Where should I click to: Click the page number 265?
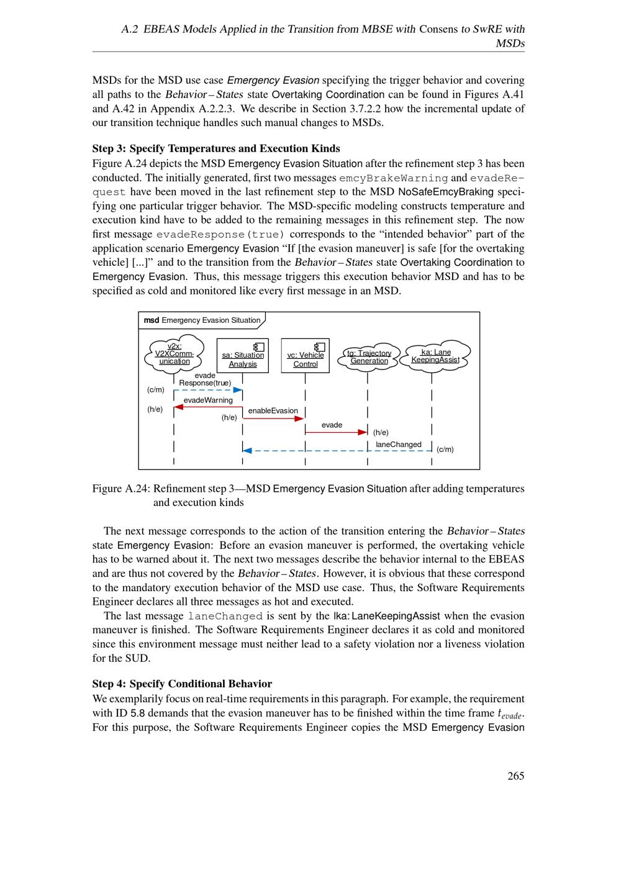click(x=515, y=776)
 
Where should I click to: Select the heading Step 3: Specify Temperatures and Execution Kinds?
click(x=216, y=148)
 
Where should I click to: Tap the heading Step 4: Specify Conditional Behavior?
click(x=182, y=684)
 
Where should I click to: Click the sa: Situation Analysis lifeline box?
click(x=243, y=356)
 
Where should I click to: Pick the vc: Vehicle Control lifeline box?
click(x=305, y=356)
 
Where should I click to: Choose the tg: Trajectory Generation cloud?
click(x=369, y=357)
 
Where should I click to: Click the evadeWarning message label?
click(x=207, y=401)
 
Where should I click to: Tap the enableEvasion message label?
click(x=273, y=411)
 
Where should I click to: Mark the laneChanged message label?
click(x=398, y=445)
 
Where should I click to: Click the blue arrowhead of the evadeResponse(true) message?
click(x=238, y=390)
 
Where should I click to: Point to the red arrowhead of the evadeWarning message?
click(x=178, y=407)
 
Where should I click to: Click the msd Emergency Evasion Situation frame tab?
click(x=202, y=320)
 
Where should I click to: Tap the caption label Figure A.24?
click(x=120, y=489)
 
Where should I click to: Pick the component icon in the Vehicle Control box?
click(x=320, y=346)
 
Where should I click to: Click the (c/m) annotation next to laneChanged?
click(x=445, y=450)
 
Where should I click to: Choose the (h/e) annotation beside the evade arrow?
click(x=381, y=433)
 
